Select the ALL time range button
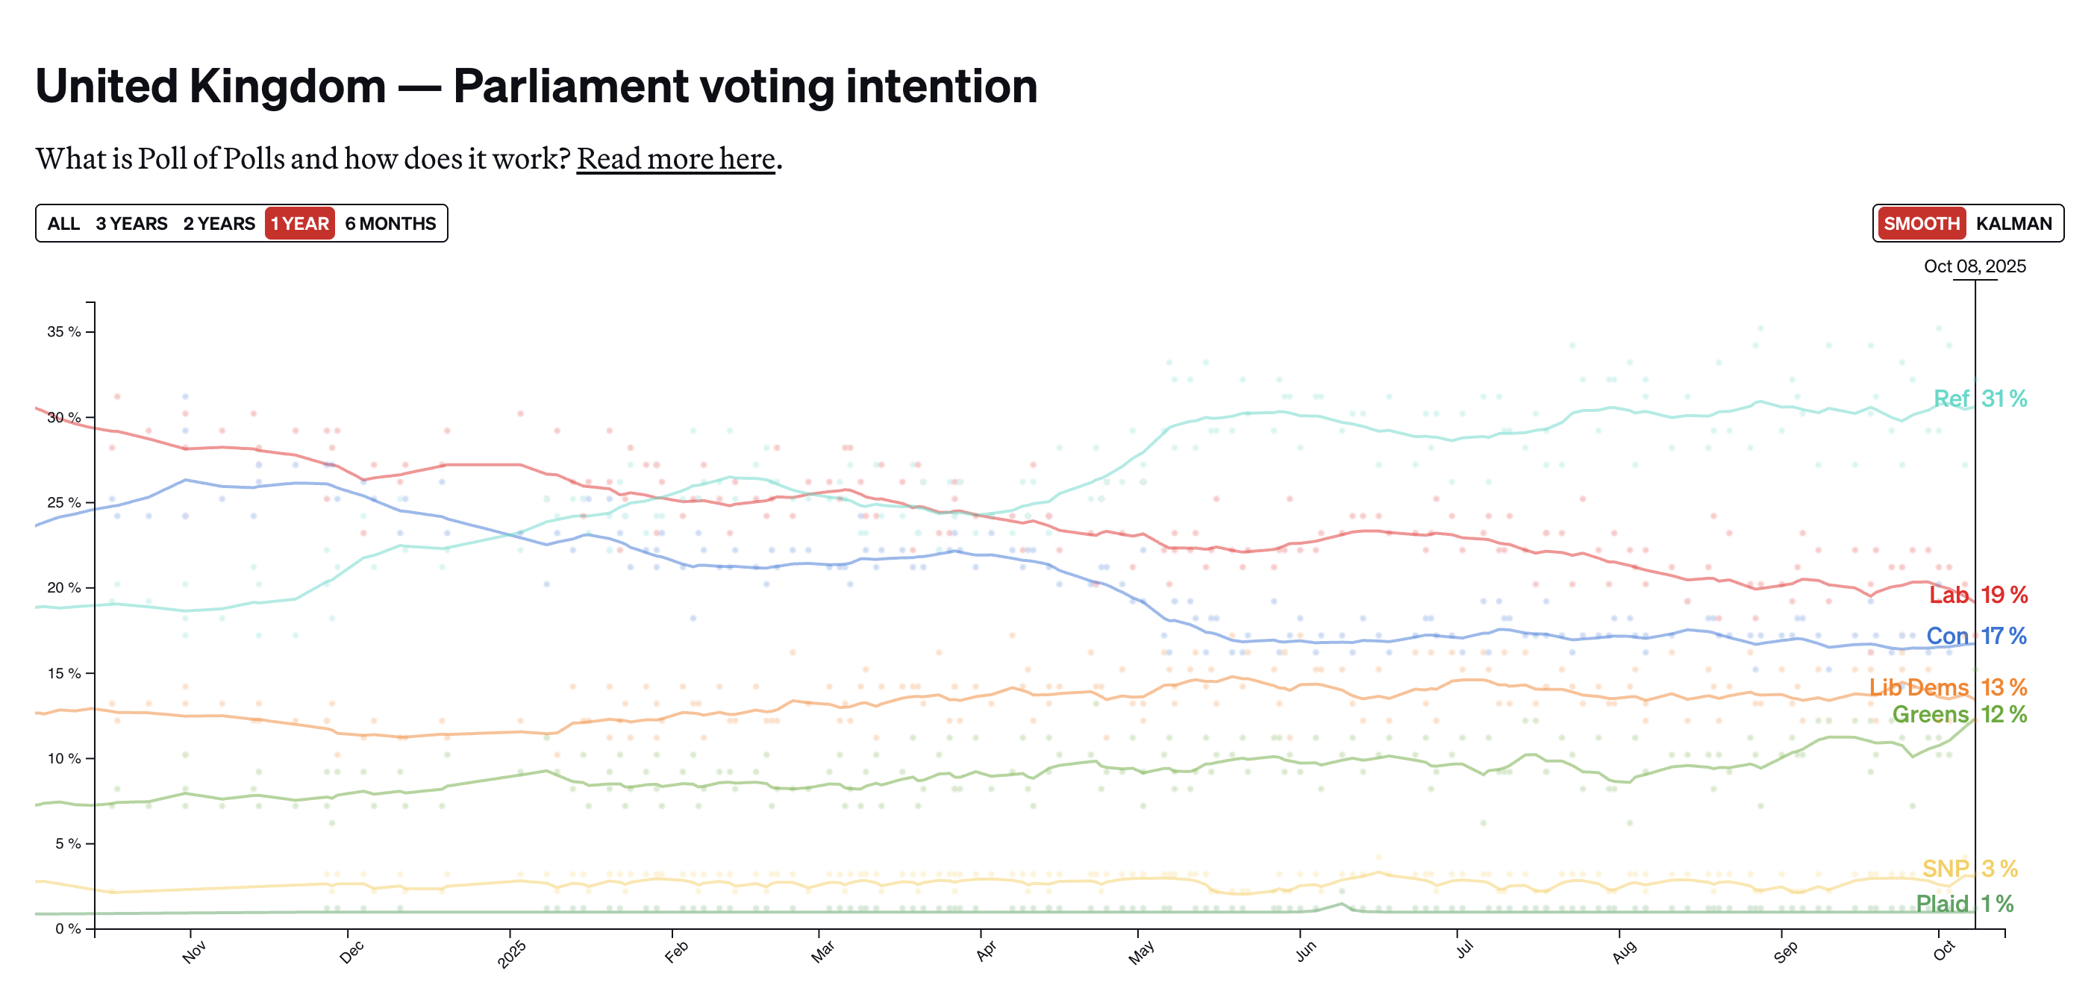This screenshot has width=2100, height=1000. click(x=63, y=223)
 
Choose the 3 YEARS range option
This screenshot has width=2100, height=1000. click(x=131, y=223)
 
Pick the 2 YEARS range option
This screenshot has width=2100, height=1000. click(x=219, y=223)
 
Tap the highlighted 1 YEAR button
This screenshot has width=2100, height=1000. click(x=300, y=223)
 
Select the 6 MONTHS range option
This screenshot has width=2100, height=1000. click(x=390, y=223)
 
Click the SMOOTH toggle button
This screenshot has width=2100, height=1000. click(x=1922, y=223)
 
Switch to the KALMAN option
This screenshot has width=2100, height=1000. click(x=2013, y=223)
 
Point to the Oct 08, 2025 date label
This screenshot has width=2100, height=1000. click(x=1975, y=266)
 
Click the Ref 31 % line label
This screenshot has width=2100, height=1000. click(x=1979, y=399)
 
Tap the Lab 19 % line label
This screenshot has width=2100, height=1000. click(x=1978, y=595)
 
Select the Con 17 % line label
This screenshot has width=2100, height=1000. click(x=1976, y=636)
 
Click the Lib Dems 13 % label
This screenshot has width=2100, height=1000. click(x=1948, y=687)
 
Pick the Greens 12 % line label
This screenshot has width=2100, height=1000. click(x=1959, y=714)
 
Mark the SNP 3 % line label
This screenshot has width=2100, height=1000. click(x=1969, y=869)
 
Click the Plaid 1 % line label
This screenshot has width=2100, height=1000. click(x=1964, y=904)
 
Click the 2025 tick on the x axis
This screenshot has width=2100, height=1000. click(x=512, y=954)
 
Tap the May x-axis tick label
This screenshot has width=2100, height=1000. click(x=1141, y=952)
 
